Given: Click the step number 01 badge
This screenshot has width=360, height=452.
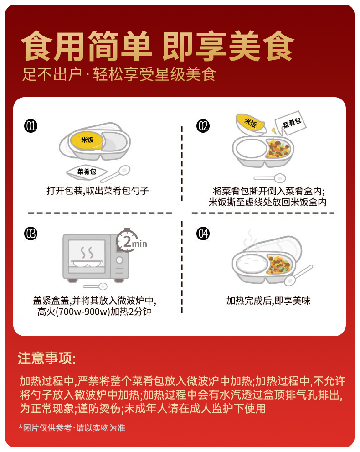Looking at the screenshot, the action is coord(31,126).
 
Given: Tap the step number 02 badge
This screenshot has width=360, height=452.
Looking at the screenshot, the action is coord(203,126).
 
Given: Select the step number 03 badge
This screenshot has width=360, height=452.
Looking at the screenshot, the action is coord(31,234).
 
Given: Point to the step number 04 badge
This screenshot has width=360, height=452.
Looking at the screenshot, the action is coord(203,234).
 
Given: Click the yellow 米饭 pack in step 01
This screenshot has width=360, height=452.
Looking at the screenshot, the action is coord(87,140).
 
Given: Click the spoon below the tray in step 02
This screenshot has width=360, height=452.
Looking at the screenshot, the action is coord(270,178).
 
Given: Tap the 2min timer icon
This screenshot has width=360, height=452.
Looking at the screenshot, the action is coord(131,241).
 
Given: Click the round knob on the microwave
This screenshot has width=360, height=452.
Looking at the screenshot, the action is coord(119,260).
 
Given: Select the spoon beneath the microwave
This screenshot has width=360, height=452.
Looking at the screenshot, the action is coord(95,286).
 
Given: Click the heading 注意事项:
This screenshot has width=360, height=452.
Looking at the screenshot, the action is coord(46,358).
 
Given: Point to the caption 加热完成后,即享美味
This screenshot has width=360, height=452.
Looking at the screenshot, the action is coord(268,301).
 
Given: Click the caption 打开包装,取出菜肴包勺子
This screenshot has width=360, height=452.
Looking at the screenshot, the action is coord(98,191).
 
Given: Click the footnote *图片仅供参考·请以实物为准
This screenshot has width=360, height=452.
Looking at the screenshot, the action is coord(72,428).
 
